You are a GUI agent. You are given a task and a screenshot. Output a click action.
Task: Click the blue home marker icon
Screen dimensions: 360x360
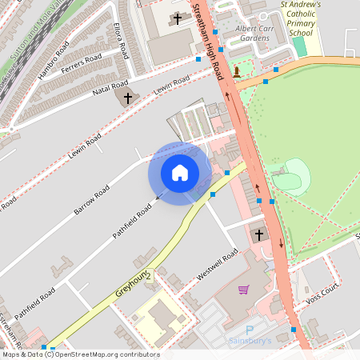(180, 173)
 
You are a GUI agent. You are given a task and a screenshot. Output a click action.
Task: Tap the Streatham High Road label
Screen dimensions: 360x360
(208, 40)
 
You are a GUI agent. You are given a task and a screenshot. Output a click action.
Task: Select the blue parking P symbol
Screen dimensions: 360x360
(249, 329)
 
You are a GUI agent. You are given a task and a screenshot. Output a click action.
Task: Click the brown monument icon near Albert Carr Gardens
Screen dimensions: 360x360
(237, 72)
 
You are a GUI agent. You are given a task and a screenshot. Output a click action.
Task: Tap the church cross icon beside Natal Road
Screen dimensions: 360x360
(126, 98)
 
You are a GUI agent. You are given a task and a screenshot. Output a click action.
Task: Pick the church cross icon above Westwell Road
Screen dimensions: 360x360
(258, 235)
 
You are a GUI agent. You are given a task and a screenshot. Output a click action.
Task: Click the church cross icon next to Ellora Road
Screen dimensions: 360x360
(177, 18)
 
